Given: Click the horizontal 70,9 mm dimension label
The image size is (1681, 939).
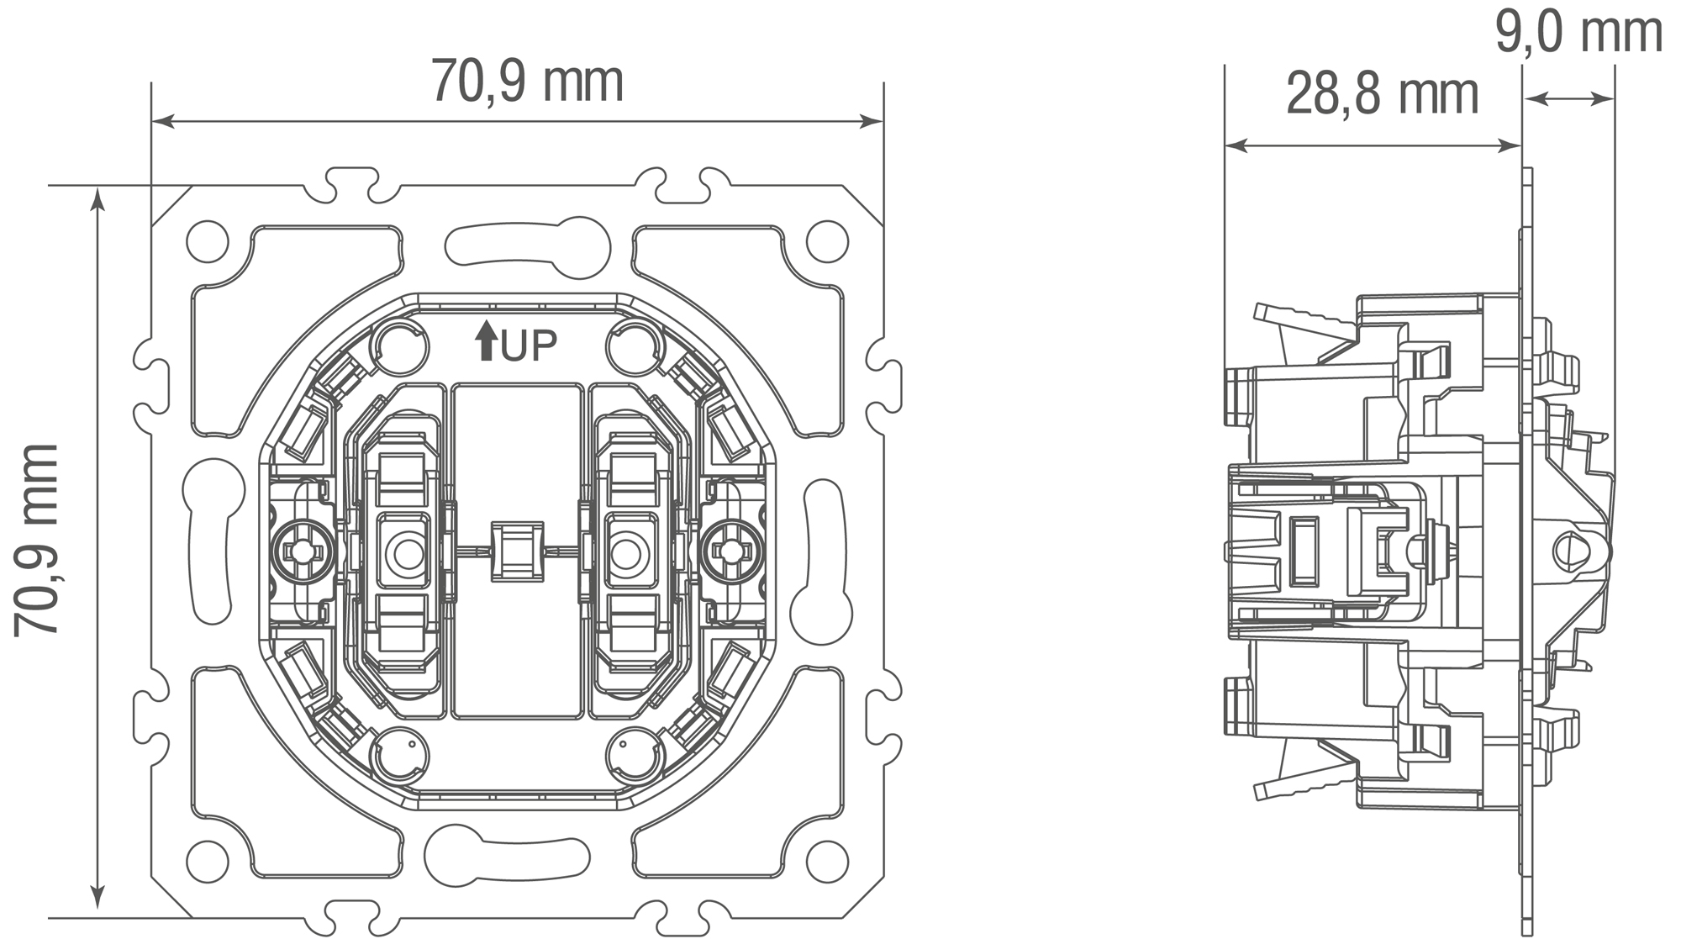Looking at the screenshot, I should (x=527, y=82).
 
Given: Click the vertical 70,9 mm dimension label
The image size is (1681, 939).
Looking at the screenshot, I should (x=37, y=539).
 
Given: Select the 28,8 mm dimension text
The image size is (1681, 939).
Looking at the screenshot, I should (x=1382, y=95).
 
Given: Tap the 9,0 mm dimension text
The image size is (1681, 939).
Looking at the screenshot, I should (x=1578, y=34).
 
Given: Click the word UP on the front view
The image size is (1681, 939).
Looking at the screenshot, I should (x=530, y=346).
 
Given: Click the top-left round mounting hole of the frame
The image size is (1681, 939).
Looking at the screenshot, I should (x=208, y=242).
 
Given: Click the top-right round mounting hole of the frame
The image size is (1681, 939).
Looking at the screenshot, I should (x=827, y=242).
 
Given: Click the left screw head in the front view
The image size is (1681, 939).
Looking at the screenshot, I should (x=303, y=551).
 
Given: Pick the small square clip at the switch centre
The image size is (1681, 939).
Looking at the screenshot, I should (x=517, y=551).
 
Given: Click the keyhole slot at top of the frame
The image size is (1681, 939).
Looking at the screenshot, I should (x=528, y=247).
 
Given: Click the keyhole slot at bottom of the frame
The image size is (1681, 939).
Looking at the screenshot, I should (x=506, y=856).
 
